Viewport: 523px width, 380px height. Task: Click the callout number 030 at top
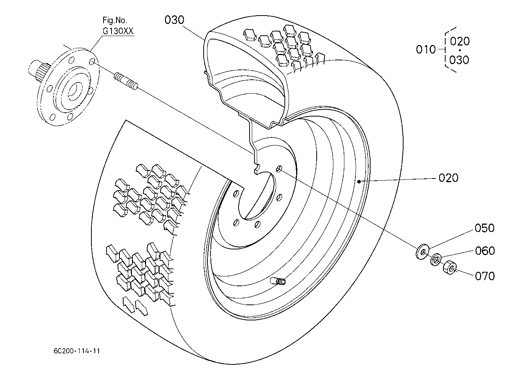[x=174, y=20]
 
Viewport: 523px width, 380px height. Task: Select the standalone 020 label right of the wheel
[x=448, y=178]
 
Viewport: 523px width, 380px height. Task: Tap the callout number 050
[x=485, y=228]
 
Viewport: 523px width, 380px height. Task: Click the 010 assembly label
[x=426, y=50]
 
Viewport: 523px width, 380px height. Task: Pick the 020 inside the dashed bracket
[x=460, y=41]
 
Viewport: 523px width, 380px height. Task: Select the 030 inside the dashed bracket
[x=459, y=60]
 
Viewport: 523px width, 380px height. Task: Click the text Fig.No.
[x=115, y=20]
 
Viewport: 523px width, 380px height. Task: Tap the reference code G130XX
[x=118, y=31]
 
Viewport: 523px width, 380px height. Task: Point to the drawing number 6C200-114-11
[x=77, y=351]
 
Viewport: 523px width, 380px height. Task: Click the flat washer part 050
[x=422, y=251]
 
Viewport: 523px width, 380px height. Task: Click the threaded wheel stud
[x=126, y=82]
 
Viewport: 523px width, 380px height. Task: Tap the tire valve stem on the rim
[x=278, y=281]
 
